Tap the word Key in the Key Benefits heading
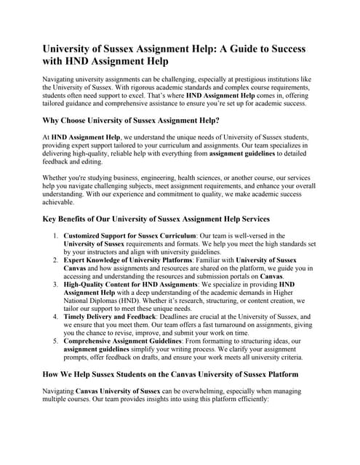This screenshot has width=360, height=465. pyautogui.click(x=50, y=219)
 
